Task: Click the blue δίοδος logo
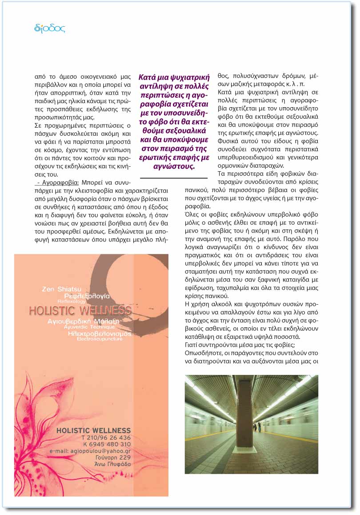point(50,29)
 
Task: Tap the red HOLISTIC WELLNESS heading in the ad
point(80,310)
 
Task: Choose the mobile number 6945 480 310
point(109,444)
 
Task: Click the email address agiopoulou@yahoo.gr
point(95,451)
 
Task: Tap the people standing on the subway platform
point(257,427)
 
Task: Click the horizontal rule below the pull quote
point(168,178)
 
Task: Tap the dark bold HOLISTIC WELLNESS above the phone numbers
point(94,431)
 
